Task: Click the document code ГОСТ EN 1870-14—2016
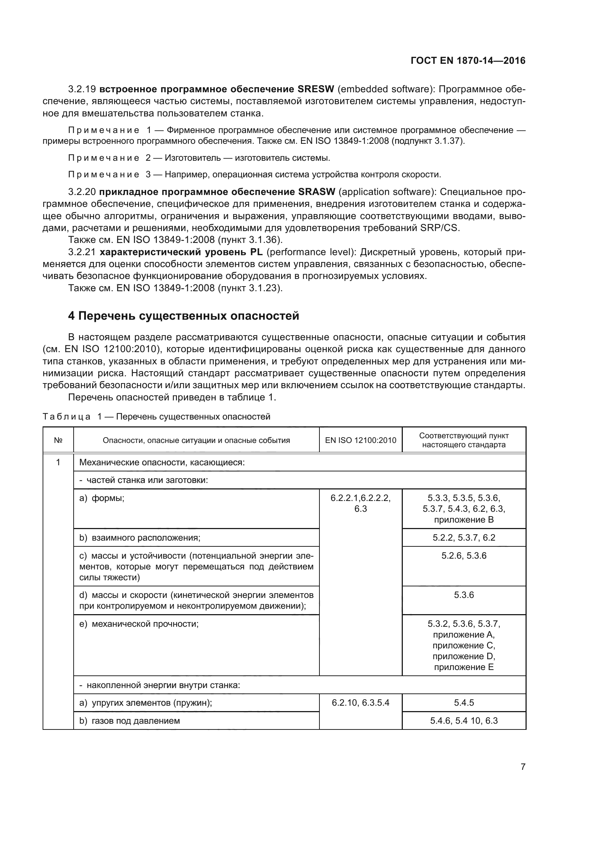click(x=467, y=61)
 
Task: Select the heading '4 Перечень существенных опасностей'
click(x=183, y=316)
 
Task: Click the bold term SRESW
click(x=316, y=89)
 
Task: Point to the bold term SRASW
click(x=317, y=192)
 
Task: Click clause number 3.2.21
click(x=82, y=252)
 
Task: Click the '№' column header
click(x=58, y=440)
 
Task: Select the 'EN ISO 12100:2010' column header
click(x=361, y=440)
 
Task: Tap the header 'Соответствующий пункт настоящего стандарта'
click(x=463, y=440)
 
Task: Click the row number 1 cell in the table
click(x=58, y=462)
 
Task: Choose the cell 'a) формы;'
click(x=102, y=498)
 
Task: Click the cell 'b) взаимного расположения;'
click(x=140, y=538)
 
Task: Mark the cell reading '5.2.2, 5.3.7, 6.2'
click(x=463, y=538)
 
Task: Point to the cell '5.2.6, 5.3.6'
click(x=463, y=556)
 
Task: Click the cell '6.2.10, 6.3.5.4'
click(x=361, y=703)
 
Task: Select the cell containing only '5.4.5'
click(x=463, y=703)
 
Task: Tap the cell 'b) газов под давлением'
click(x=130, y=721)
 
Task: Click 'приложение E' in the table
click(x=463, y=667)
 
